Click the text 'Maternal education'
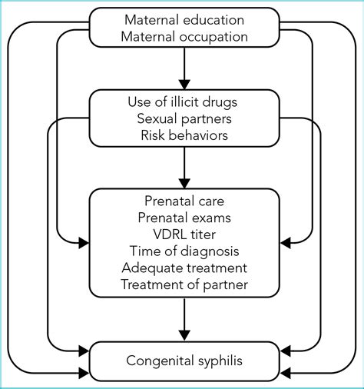point(184,20)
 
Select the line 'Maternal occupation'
point(184,37)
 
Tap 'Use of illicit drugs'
point(183,102)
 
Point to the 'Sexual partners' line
point(184,118)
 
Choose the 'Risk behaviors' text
point(184,135)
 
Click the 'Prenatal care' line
point(184,201)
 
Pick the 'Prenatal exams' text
point(184,218)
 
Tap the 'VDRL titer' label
point(184,234)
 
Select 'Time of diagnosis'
point(184,251)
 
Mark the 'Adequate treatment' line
point(184,268)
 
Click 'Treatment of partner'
point(184,284)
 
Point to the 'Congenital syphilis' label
point(184,361)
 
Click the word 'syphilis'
point(217,361)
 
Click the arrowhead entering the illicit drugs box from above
point(184,85)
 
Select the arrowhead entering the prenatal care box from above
point(184,184)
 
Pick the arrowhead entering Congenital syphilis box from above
point(184,336)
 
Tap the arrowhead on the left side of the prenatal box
point(84,243)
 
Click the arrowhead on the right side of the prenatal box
point(286,243)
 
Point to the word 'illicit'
point(181,101)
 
